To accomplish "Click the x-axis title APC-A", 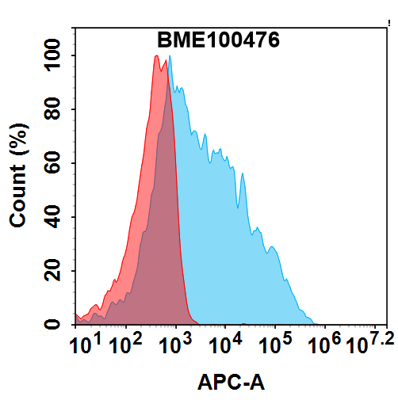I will click(231, 383).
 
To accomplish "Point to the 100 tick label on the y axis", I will click(55, 56).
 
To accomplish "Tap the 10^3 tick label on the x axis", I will click(174, 344).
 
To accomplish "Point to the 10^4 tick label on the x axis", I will click(224, 344).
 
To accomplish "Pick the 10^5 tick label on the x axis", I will click(275, 344).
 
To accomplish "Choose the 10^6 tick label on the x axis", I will click(325, 344).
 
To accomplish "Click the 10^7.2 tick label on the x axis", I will click(367, 344).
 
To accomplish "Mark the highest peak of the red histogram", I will click(156, 56).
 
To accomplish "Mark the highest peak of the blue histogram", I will click(170, 67).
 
